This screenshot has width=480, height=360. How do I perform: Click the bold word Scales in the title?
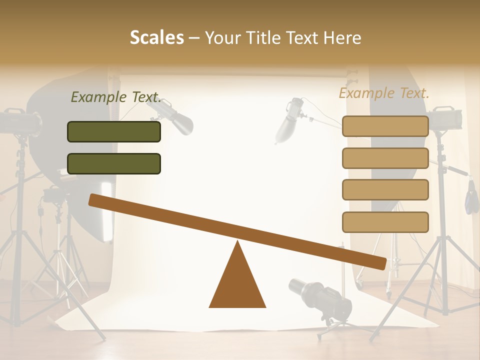156,37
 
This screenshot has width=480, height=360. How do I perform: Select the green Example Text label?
116,97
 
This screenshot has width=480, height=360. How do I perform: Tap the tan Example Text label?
384,93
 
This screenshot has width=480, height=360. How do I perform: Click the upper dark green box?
114,131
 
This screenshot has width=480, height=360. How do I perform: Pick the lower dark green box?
114,163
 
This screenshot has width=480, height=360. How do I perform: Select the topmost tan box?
385,126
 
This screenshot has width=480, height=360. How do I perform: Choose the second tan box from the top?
385,158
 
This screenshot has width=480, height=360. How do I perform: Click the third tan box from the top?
385,190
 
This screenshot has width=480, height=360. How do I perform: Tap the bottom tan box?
385,222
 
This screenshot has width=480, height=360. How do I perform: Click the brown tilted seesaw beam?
237,231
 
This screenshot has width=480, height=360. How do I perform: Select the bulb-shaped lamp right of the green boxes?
177,118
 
